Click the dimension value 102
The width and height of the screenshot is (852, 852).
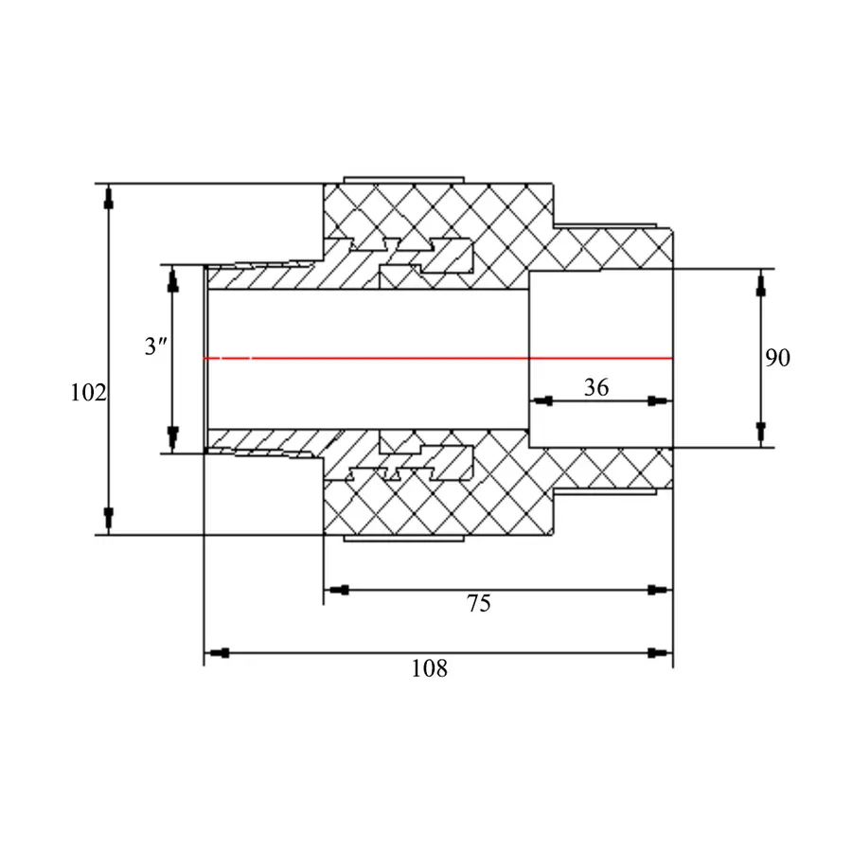click(x=88, y=392)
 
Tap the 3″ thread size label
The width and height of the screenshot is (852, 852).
click(x=156, y=346)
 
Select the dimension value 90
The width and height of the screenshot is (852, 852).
click(x=777, y=358)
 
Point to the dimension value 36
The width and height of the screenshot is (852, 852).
click(x=596, y=387)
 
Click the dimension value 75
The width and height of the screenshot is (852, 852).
click(x=479, y=603)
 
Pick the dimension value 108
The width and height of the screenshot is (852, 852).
click(x=429, y=668)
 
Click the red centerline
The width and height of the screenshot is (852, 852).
click(x=438, y=358)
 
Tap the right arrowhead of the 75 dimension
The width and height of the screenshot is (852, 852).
click(x=660, y=590)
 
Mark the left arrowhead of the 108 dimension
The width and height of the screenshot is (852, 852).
click(x=217, y=652)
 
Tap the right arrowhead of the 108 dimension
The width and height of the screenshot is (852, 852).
click(x=660, y=652)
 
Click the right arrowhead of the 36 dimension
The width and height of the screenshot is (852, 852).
click(x=660, y=401)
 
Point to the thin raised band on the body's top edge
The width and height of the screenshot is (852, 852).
click(x=403, y=180)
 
